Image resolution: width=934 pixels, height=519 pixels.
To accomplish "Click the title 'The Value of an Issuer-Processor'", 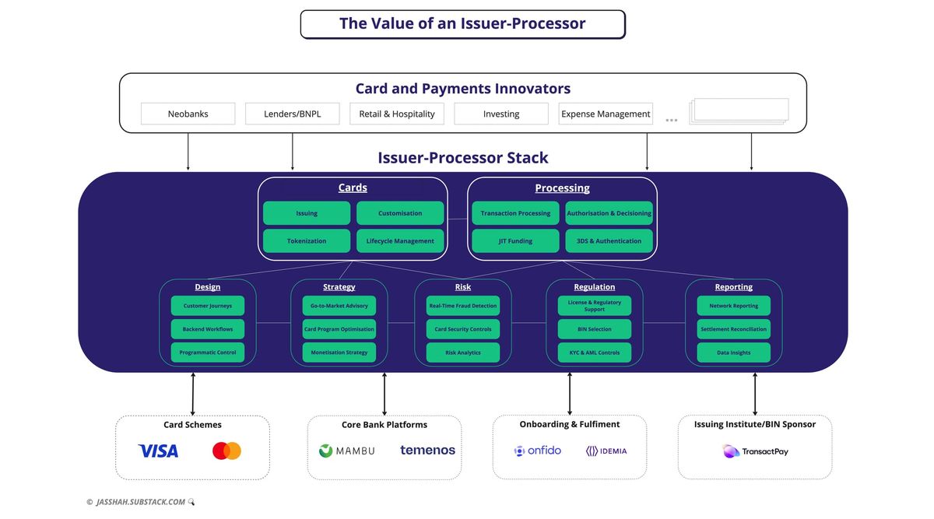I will click(x=462, y=24).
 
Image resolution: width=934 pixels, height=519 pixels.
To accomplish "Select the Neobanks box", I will click(x=188, y=114).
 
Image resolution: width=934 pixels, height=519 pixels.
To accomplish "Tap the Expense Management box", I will click(x=606, y=114).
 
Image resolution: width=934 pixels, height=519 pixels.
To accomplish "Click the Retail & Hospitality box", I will click(x=397, y=114).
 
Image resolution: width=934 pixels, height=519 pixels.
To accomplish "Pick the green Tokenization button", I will click(x=307, y=241).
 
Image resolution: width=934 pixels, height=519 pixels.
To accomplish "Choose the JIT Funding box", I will click(x=515, y=241).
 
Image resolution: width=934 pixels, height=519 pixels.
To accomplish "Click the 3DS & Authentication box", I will click(x=609, y=241).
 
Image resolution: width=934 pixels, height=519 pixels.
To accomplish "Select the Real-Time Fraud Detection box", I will click(x=463, y=306).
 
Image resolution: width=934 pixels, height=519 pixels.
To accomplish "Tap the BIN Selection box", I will click(x=595, y=329).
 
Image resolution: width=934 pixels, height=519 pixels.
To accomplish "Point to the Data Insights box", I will click(x=734, y=352).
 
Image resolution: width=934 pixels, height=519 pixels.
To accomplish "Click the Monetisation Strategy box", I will click(x=339, y=352).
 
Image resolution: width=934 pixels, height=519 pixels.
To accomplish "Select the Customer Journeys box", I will click(x=208, y=306).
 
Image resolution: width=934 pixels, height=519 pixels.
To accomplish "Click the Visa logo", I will click(x=158, y=451).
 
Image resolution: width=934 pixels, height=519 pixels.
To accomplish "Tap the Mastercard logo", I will click(x=226, y=451).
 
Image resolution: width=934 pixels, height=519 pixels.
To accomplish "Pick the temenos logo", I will click(x=427, y=450).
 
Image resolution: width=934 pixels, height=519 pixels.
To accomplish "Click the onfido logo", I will click(x=538, y=451).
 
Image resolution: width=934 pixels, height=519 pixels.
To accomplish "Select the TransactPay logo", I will click(x=755, y=451).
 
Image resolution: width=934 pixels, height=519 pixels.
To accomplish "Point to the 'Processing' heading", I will click(x=562, y=188).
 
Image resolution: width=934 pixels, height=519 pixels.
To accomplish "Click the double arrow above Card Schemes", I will click(x=193, y=394).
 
